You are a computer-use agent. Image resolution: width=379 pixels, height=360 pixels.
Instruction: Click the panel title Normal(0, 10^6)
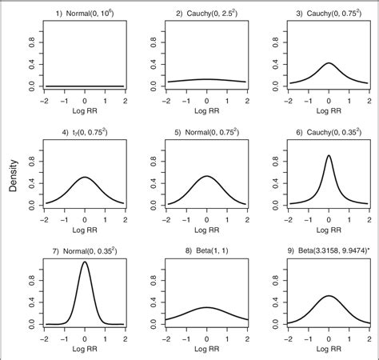click(85, 14)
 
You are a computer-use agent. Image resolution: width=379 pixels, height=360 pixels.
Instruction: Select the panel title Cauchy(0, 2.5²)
click(206, 14)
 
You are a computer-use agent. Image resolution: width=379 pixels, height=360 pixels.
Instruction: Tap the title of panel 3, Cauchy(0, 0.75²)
click(329, 14)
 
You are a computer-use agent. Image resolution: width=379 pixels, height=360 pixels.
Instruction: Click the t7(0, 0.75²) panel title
click(85, 133)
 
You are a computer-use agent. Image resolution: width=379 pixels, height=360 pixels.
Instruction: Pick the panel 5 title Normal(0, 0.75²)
click(206, 133)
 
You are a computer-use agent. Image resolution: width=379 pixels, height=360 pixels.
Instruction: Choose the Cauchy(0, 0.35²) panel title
click(329, 133)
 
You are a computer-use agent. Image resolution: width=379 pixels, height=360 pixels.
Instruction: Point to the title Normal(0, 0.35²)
click(85, 252)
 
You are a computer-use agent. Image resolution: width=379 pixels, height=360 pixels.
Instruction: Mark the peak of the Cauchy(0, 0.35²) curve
click(329, 156)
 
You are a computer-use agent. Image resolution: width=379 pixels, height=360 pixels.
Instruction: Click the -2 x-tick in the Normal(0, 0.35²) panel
click(46, 337)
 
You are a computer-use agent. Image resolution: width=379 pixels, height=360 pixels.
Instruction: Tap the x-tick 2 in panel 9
click(369, 337)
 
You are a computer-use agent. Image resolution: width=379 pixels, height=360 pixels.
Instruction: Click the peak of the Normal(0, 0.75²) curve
click(206, 176)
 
